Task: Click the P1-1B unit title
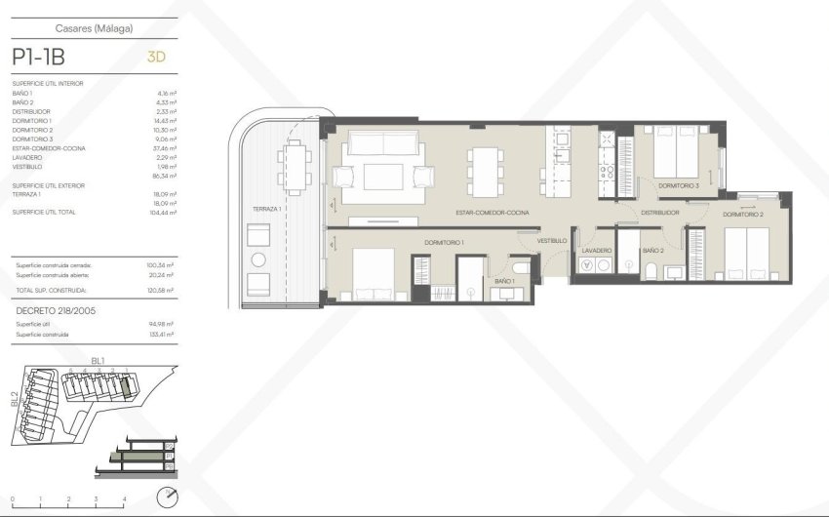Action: click(x=38, y=57)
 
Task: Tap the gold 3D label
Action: click(x=156, y=57)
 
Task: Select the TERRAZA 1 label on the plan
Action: click(x=266, y=210)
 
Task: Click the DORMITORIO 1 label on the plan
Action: click(x=444, y=242)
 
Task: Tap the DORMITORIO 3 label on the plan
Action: click(x=678, y=185)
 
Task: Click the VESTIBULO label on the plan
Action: click(x=552, y=240)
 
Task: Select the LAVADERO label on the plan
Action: click(x=596, y=251)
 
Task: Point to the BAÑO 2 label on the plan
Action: click(x=652, y=251)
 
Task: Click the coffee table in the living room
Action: click(x=382, y=177)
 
